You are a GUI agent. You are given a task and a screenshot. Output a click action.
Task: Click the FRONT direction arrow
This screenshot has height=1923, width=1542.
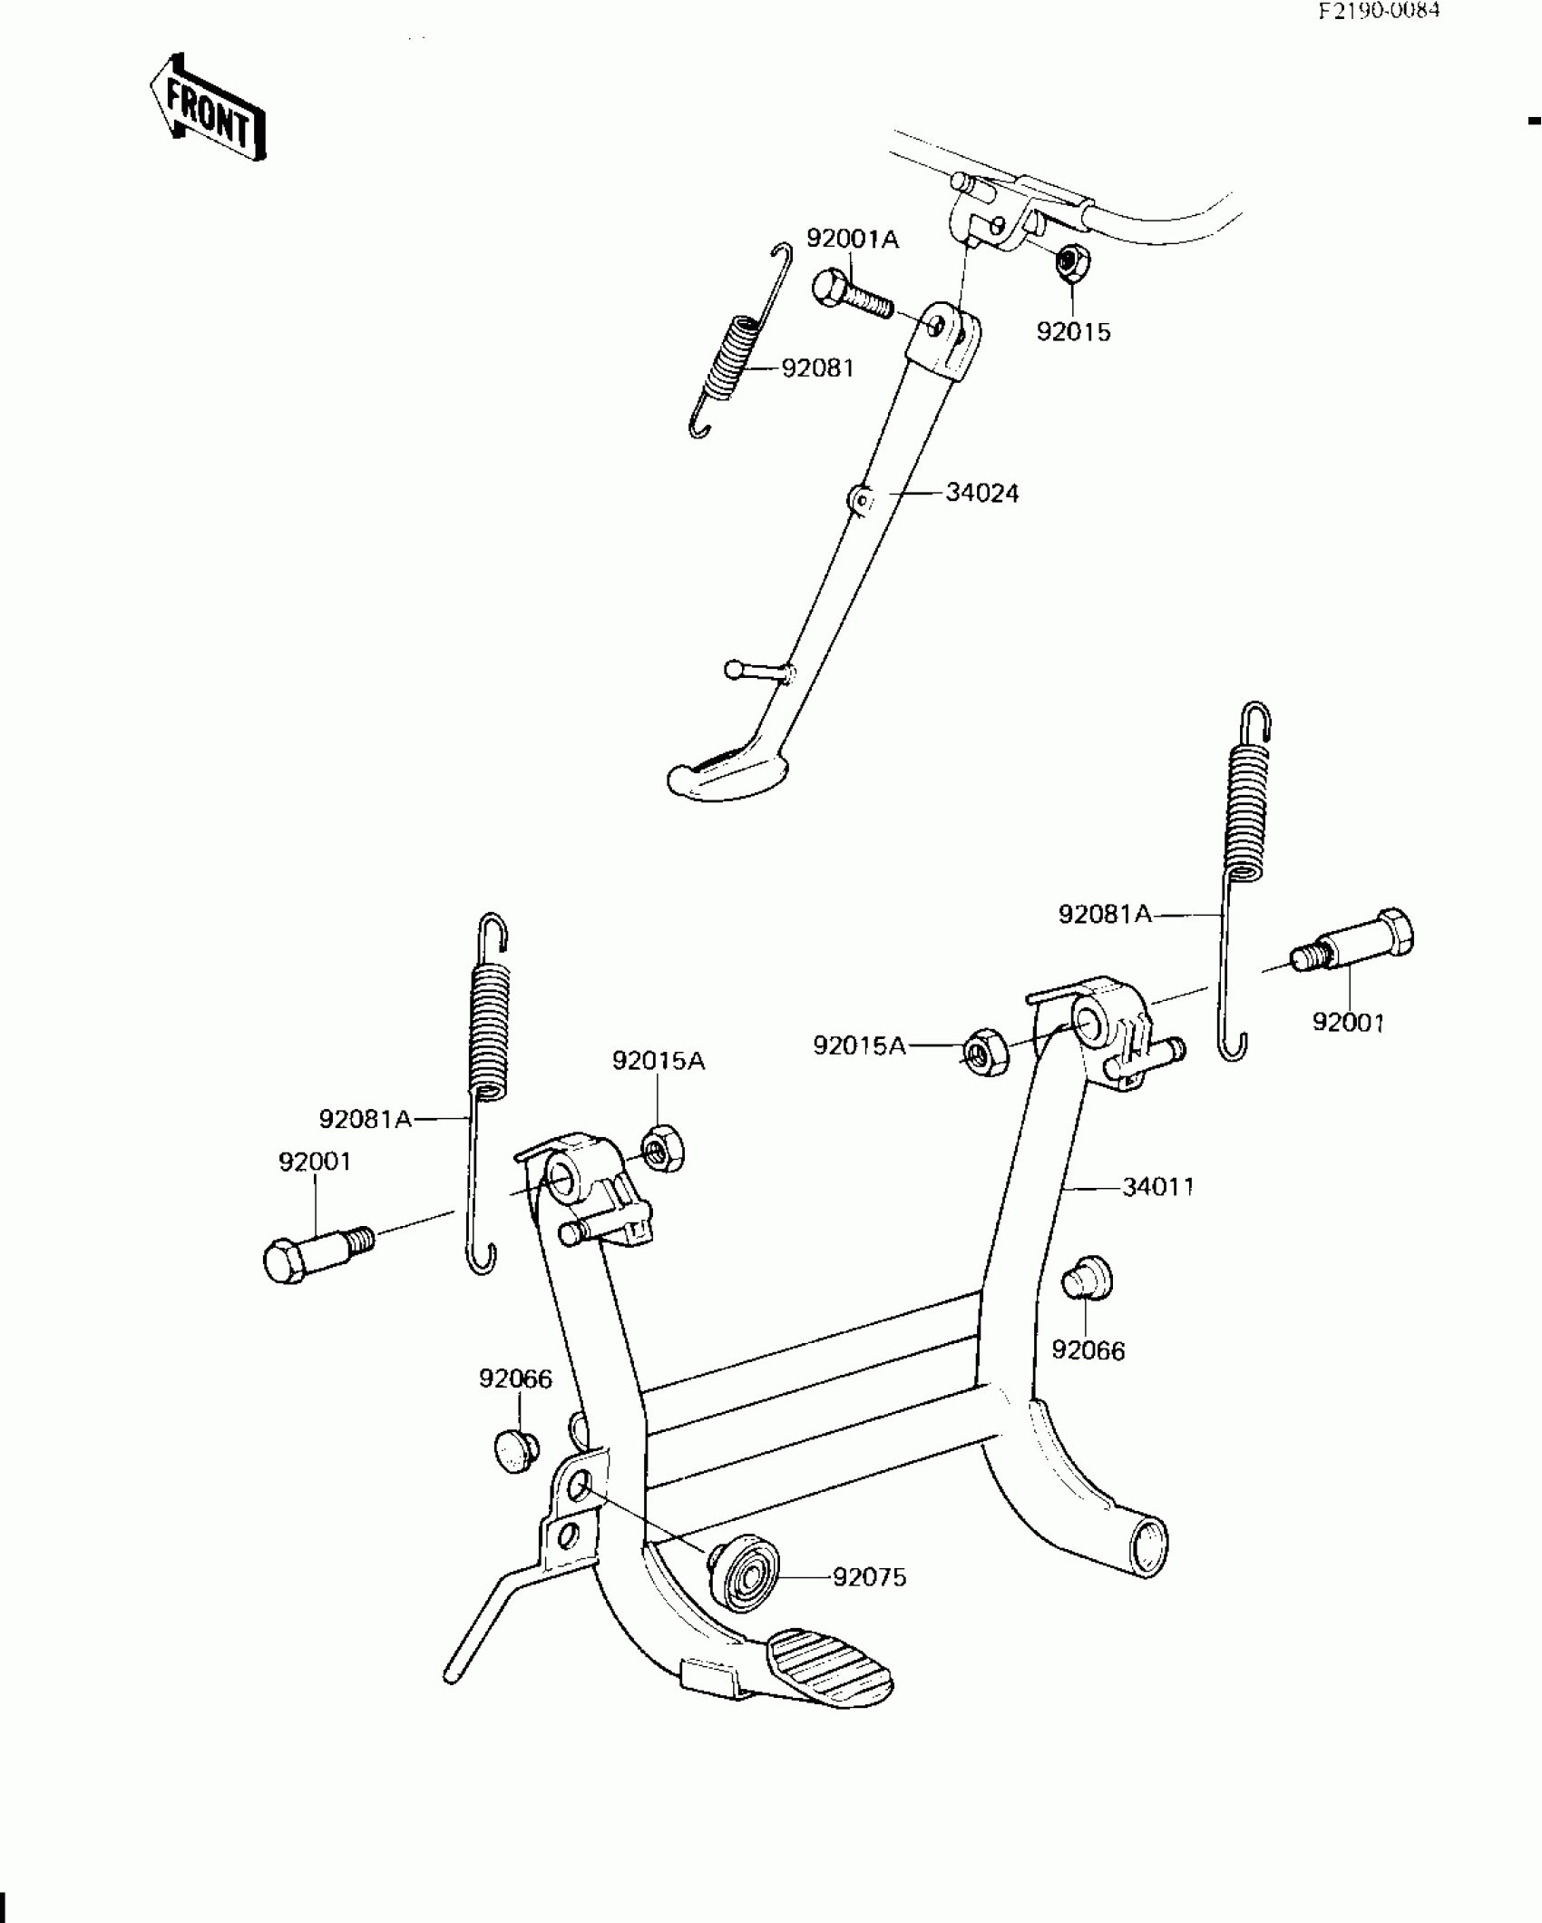[x=208, y=107]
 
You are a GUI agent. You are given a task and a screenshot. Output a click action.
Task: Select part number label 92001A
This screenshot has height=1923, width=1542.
[x=852, y=239]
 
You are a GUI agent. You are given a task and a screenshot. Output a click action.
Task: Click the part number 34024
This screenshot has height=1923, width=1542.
[x=981, y=493]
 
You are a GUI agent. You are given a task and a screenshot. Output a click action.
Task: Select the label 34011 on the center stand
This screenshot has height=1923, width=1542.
[x=1158, y=1186]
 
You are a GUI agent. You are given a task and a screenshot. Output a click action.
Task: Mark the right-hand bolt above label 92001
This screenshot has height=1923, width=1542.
[x=1352, y=946]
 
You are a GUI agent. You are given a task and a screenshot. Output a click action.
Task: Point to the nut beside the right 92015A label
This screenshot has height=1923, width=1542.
[x=982, y=1052]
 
